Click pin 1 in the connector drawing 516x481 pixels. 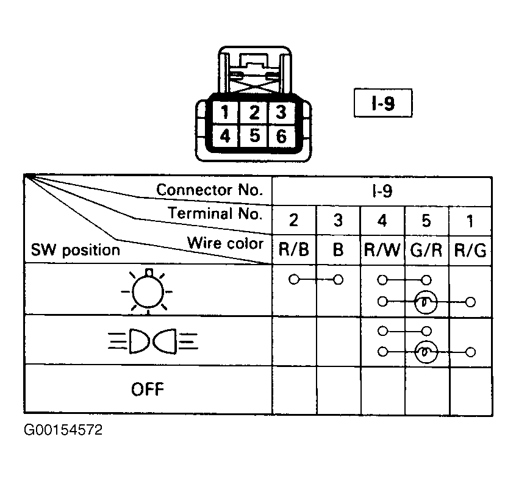[225, 112]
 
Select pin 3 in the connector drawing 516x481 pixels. [281, 112]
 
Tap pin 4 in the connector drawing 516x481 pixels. [225, 135]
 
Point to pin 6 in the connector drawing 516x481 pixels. [281, 135]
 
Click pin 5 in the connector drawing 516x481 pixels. [254, 135]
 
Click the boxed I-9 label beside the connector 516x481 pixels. [382, 102]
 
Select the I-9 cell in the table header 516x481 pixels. [382, 191]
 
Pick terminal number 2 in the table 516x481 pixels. [294, 220]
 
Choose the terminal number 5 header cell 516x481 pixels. [426, 220]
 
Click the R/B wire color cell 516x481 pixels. [294, 250]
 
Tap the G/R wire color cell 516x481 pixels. [426, 250]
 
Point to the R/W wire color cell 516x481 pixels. [382, 250]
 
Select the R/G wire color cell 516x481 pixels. [470, 250]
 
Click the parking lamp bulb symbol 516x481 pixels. [148, 291]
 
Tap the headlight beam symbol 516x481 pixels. [153, 341]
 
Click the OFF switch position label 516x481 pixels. [148, 390]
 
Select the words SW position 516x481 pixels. [76, 251]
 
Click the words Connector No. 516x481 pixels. [210, 190]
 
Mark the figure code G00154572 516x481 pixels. [63, 430]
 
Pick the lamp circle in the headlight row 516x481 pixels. [426, 352]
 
